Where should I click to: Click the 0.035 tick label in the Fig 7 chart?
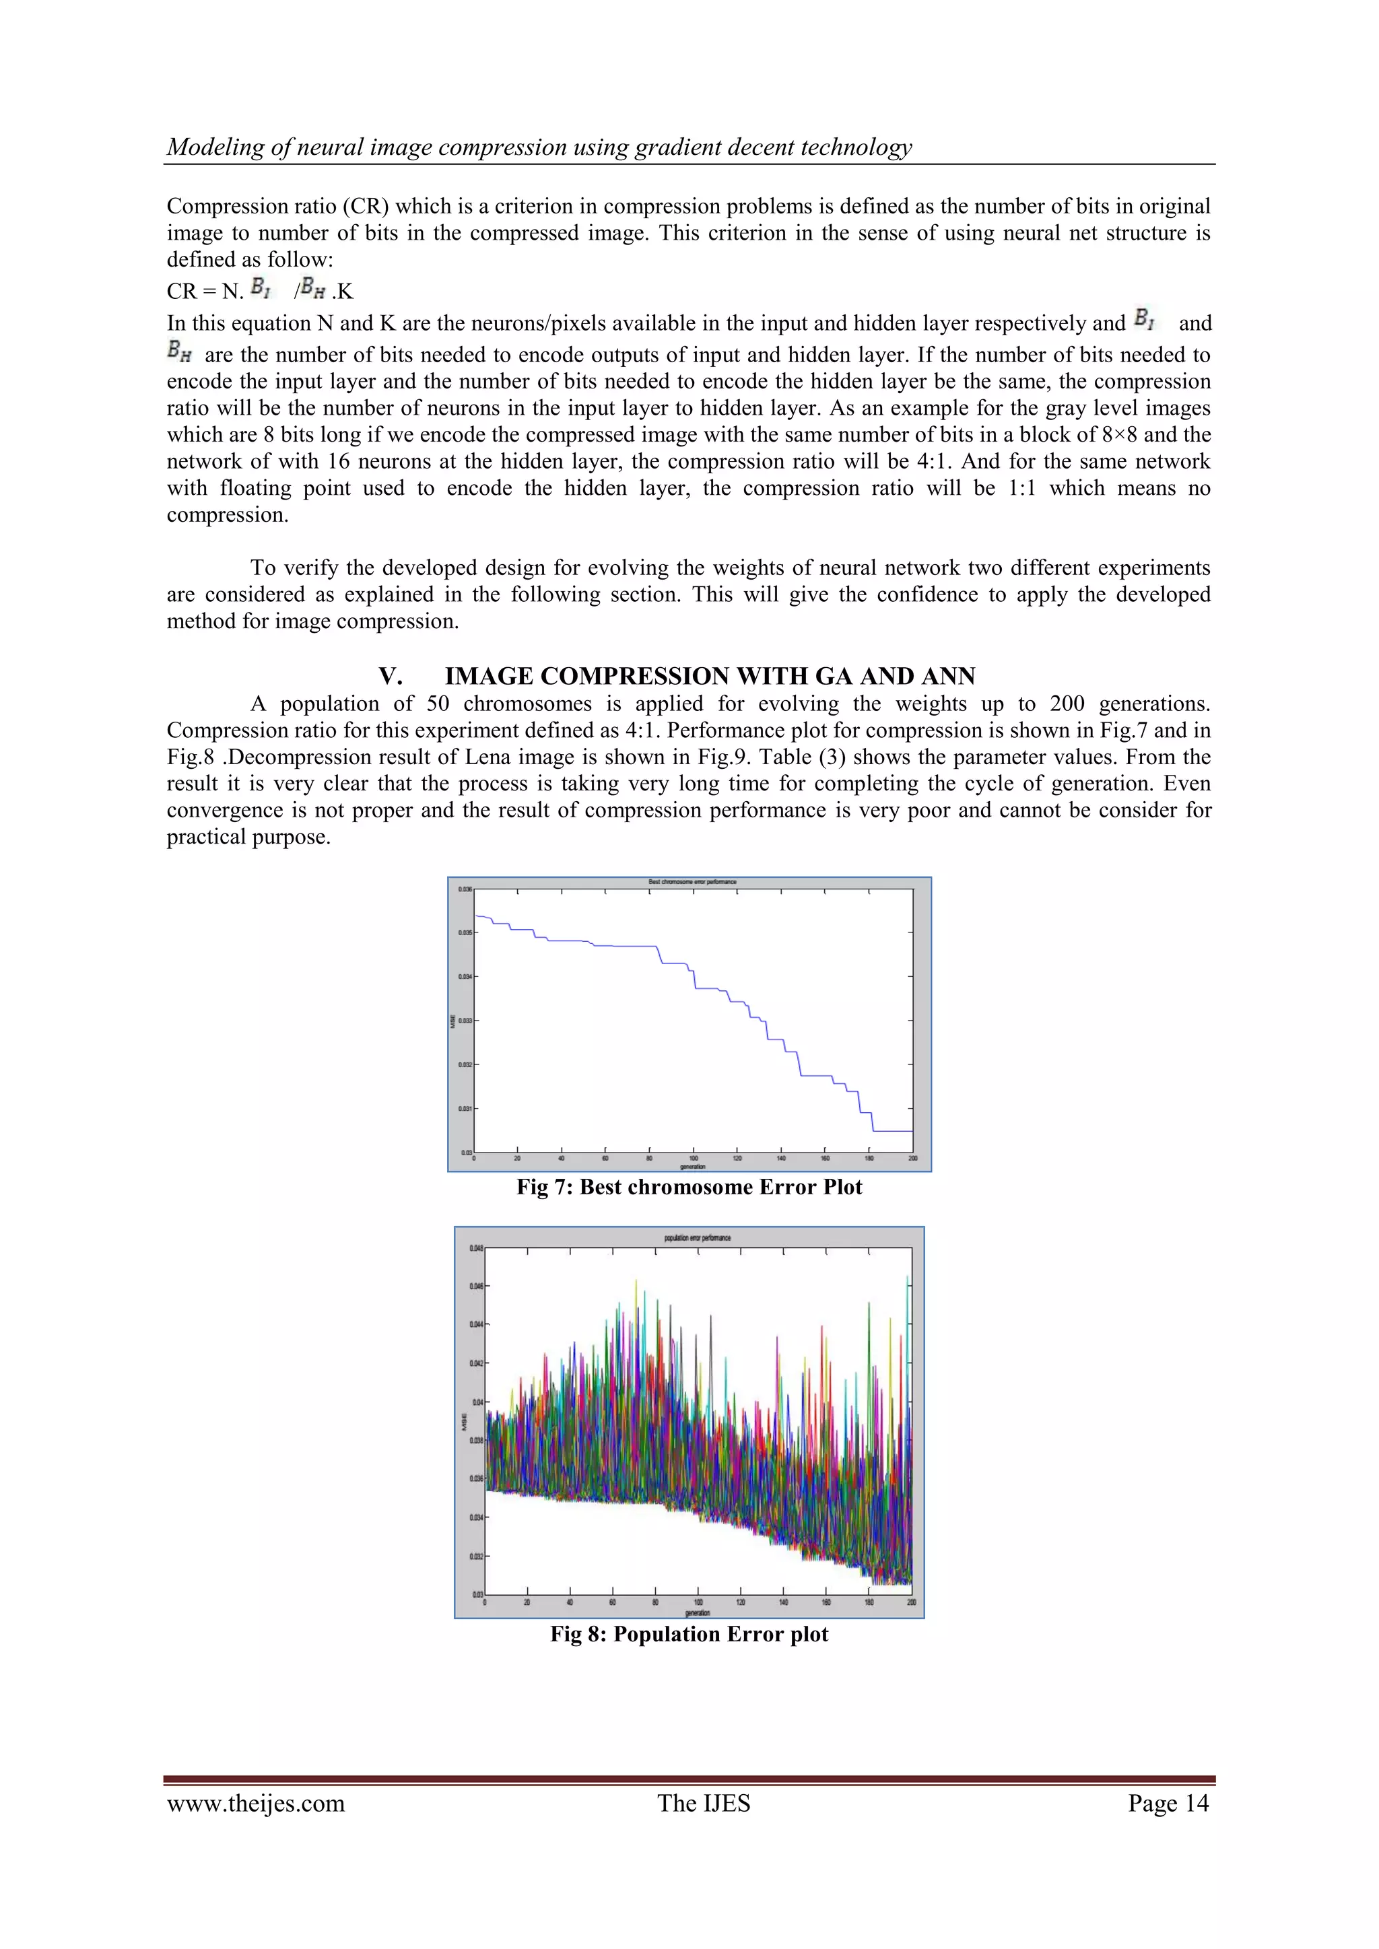tap(465, 932)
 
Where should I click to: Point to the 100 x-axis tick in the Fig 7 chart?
tap(693, 1159)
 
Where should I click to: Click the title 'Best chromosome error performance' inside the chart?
tap(692, 882)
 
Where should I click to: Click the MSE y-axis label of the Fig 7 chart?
tap(453, 1021)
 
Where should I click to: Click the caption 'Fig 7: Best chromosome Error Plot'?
tap(689, 1188)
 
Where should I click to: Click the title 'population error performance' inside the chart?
tap(696, 1237)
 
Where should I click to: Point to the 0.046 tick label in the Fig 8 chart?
tap(475, 1286)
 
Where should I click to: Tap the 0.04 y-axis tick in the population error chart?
tap(477, 1402)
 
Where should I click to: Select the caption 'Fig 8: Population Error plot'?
tap(689, 1634)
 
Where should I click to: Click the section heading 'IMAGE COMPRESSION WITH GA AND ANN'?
tap(710, 677)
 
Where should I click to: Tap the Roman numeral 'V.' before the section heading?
tap(391, 677)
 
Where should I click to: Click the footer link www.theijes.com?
tap(256, 1803)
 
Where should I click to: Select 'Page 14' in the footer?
tap(1168, 1803)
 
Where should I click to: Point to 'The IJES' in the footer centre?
tap(703, 1803)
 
